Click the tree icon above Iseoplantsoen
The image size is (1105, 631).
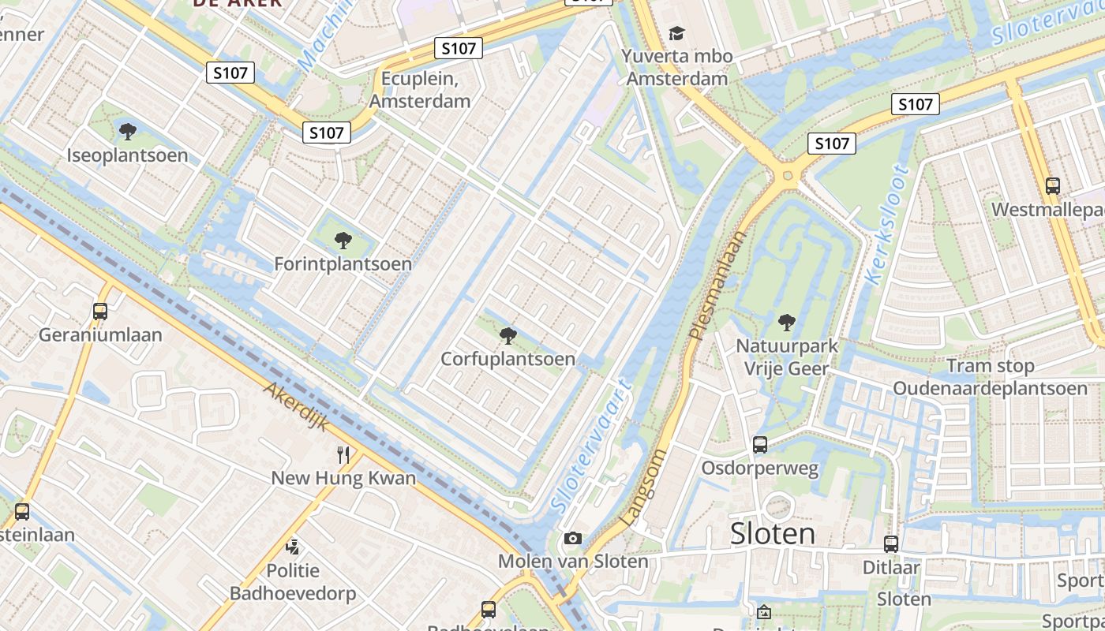pyautogui.click(x=127, y=131)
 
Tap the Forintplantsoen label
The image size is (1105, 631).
pyautogui.click(x=343, y=263)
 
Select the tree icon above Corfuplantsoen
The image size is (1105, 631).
pyautogui.click(x=508, y=336)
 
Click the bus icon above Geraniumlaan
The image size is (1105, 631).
pyautogui.click(x=100, y=311)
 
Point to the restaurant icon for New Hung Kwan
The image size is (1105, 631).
pyautogui.click(x=343, y=454)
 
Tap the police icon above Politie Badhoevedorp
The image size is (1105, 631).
pyautogui.click(x=293, y=546)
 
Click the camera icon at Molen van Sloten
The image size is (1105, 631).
pyautogui.click(x=573, y=539)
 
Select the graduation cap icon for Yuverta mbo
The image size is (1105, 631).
pyautogui.click(x=676, y=33)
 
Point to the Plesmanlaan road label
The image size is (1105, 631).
pyautogui.click(x=717, y=285)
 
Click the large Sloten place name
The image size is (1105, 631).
pyautogui.click(x=772, y=533)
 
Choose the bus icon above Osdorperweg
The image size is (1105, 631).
pyautogui.click(x=759, y=445)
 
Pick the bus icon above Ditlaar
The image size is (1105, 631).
pyautogui.click(x=891, y=543)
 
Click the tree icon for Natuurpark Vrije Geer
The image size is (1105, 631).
pyautogui.click(x=786, y=322)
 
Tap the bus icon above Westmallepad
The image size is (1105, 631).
pyautogui.click(x=1052, y=186)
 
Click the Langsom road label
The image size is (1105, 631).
pyautogui.click(x=645, y=487)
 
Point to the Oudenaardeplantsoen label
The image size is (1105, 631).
pyautogui.click(x=990, y=388)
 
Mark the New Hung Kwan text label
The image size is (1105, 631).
pyautogui.click(x=343, y=478)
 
